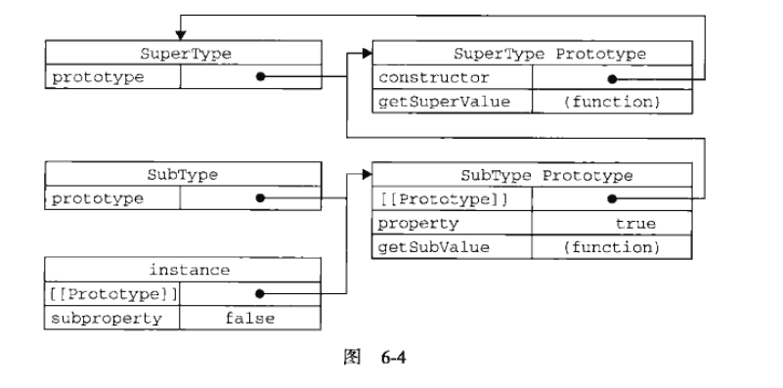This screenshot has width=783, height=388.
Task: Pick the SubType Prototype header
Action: [546, 175]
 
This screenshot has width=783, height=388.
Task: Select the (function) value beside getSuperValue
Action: [612, 101]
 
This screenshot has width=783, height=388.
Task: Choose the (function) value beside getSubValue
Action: [612, 247]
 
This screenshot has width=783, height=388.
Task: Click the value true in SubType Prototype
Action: [634, 223]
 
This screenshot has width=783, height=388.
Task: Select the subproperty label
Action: [98, 317]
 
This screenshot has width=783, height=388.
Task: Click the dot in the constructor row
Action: [612, 77]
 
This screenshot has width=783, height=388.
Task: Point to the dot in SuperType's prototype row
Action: [260, 77]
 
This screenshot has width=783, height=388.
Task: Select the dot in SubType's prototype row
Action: [260, 198]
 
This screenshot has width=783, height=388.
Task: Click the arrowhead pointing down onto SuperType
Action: [179, 35]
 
